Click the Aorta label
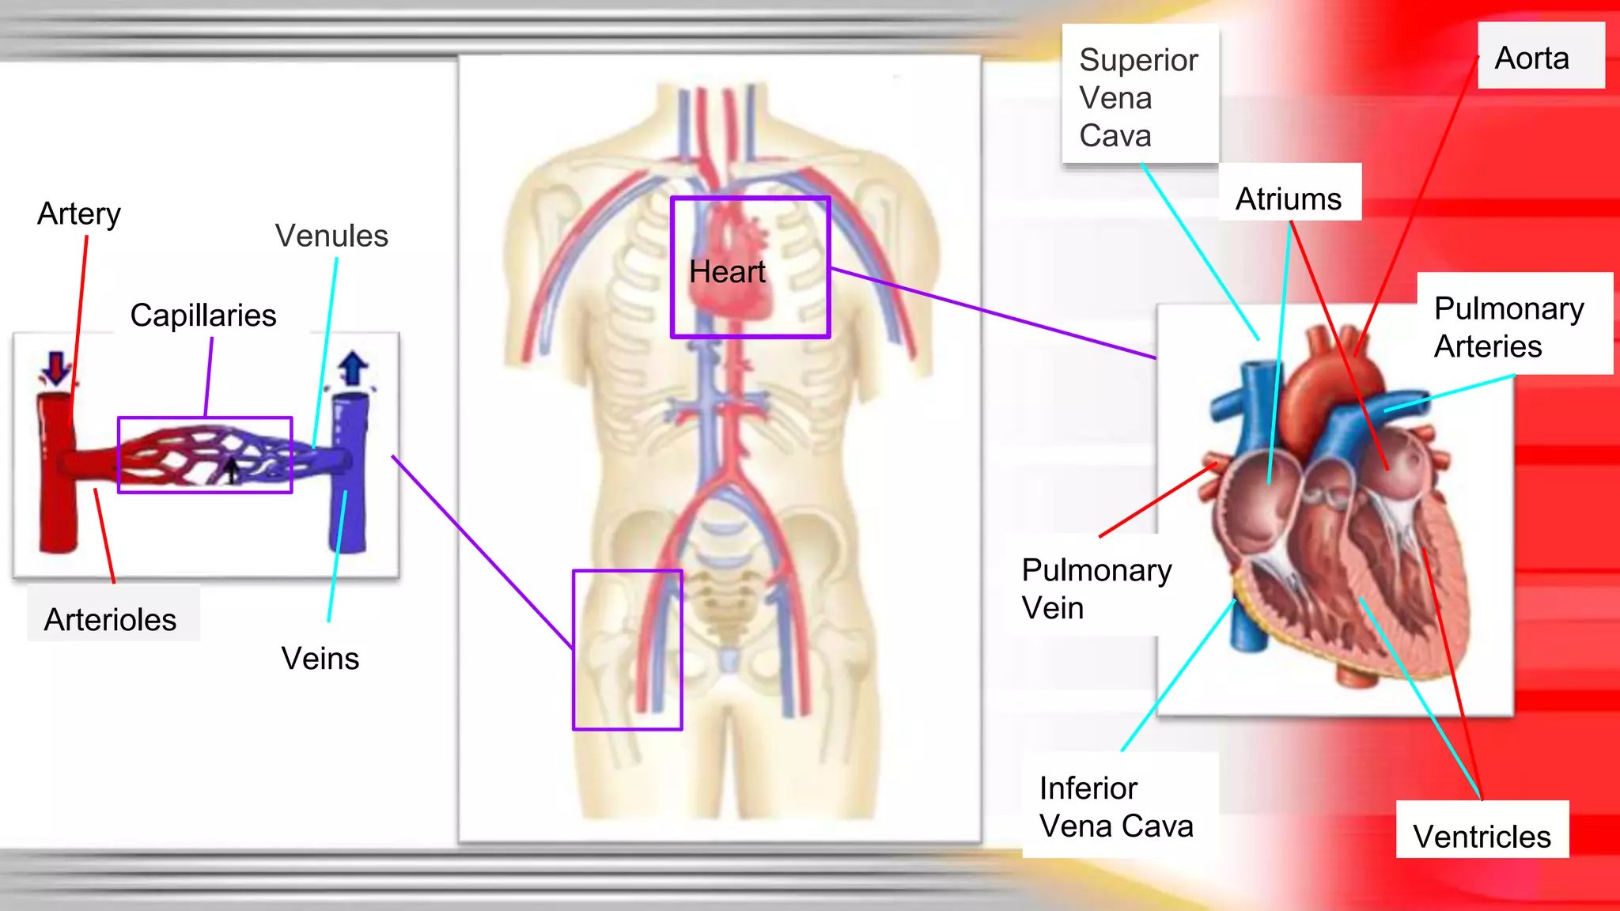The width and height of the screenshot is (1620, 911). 1531,59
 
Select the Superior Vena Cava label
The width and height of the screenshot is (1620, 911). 1138,98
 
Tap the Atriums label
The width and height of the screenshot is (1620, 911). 1289,198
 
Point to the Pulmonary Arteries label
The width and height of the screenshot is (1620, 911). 1508,327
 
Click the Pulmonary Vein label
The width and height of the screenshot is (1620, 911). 1096,588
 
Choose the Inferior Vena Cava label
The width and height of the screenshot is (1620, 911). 1116,807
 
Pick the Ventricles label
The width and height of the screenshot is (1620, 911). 1482,836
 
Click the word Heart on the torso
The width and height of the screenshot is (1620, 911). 727,272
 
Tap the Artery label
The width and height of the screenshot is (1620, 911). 79,214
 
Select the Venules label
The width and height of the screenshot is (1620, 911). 331,236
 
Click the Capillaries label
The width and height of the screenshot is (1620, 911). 203,315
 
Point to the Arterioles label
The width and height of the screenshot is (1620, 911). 110,619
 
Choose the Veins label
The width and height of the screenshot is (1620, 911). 320,658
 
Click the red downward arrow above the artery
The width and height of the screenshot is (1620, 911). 56,369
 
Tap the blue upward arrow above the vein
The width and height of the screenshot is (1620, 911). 353,368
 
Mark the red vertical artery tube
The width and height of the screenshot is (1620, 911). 57,506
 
